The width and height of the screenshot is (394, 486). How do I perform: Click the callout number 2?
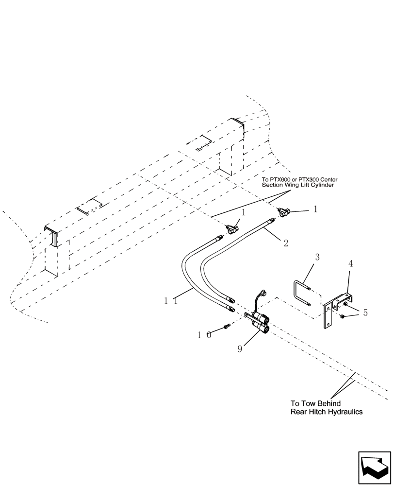click(x=285, y=242)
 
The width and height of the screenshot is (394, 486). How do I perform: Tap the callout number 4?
click(x=350, y=265)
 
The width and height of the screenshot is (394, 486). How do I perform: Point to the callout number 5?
click(x=365, y=312)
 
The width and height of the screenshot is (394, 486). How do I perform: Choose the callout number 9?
click(x=239, y=348)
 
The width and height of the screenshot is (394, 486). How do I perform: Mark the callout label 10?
click(x=205, y=335)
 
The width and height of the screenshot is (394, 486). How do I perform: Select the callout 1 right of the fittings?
click(x=315, y=209)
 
